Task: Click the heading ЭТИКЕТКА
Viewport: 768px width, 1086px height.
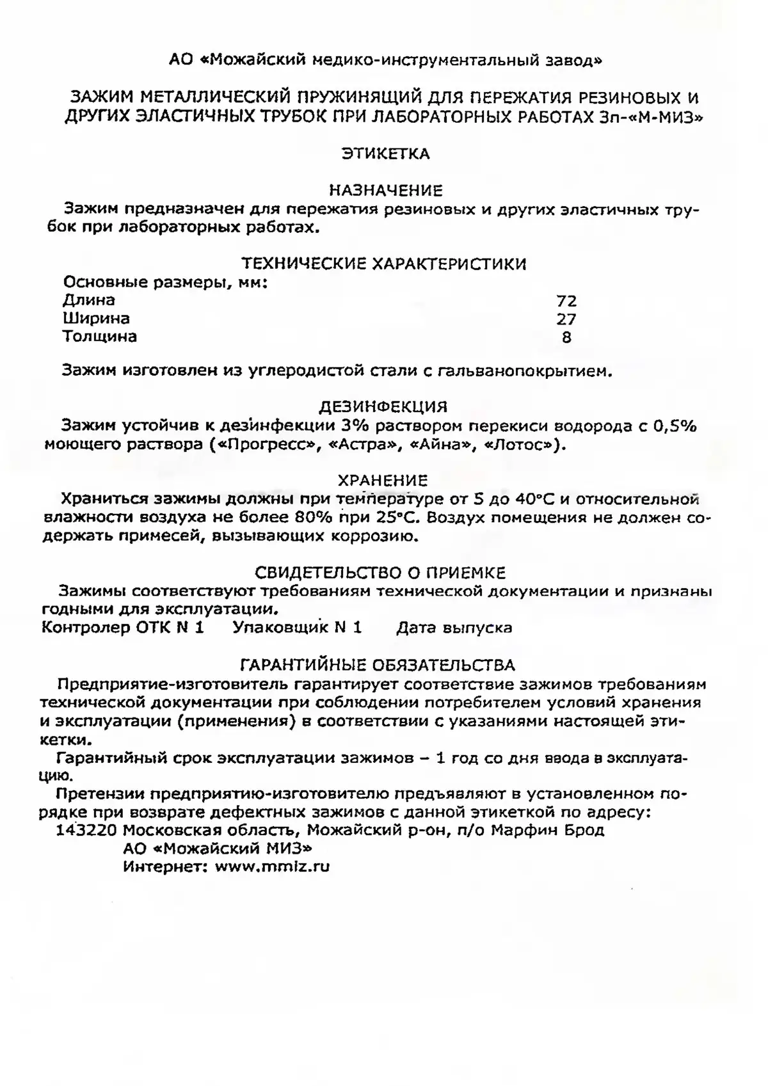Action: coord(385,154)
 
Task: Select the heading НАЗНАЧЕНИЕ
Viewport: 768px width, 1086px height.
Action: coord(385,190)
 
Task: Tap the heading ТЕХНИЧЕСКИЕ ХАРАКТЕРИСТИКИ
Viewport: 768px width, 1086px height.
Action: coord(384,264)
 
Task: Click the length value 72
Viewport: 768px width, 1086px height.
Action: coord(566,301)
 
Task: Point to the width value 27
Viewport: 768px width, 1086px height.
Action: coord(566,319)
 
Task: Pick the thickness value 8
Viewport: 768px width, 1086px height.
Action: coord(566,337)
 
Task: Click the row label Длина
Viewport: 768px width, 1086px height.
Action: coord(88,300)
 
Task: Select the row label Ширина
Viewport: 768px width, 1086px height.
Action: coord(96,318)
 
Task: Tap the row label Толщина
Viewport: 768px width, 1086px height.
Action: coord(99,337)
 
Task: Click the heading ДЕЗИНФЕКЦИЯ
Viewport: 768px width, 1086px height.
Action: coord(383,407)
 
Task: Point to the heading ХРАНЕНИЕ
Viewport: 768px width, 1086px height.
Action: coord(383,480)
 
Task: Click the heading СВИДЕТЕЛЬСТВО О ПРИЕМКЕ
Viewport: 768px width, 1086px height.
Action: coord(380,572)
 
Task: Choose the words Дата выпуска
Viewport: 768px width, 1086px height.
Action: coord(454,628)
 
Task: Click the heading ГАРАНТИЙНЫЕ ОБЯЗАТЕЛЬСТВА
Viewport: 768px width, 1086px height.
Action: coord(377,665)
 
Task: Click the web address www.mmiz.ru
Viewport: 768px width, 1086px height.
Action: coord(272,867)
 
